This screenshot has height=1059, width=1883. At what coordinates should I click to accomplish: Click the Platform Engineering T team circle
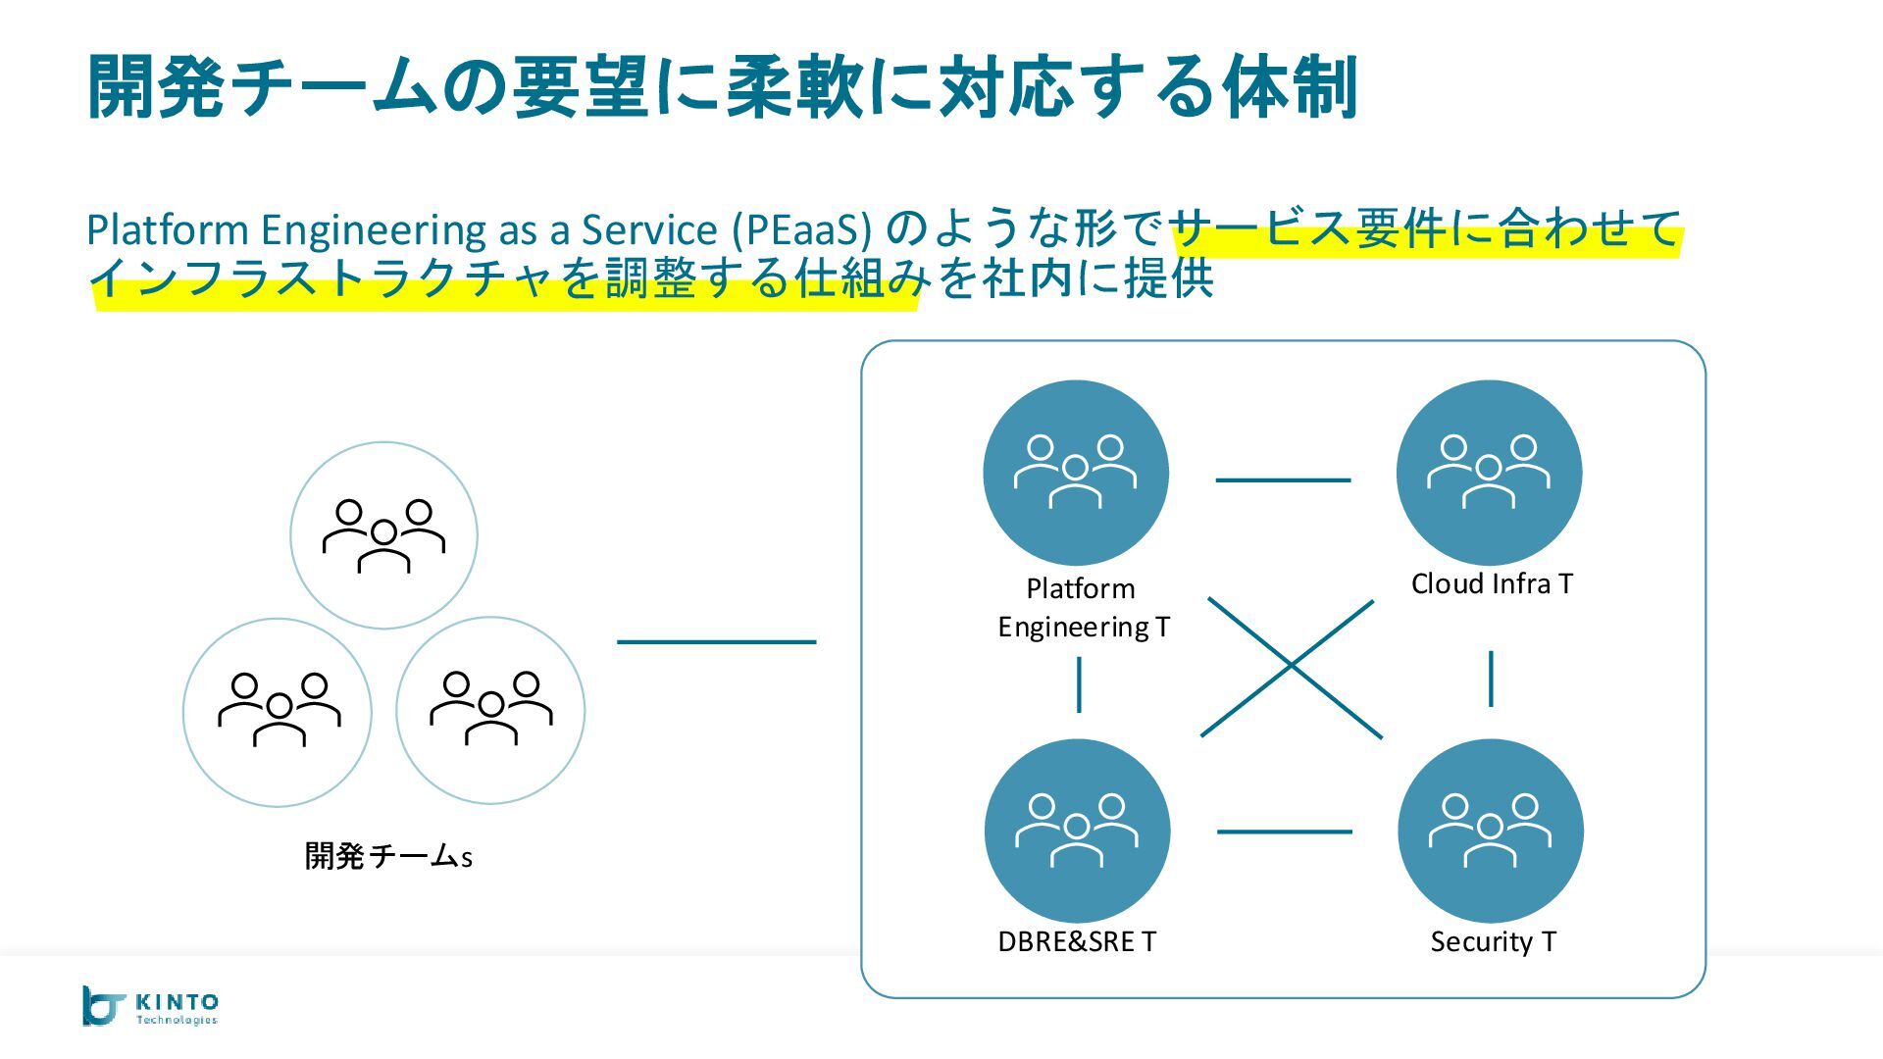click(1076, 473)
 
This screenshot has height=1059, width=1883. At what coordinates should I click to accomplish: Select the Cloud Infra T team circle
click(1489, 473)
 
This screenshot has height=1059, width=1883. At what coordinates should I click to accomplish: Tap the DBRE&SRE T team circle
click(1077, 832)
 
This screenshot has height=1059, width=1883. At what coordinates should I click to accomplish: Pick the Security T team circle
click(1491, 832)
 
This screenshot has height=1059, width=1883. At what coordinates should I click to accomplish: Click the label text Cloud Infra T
click(1492, 584)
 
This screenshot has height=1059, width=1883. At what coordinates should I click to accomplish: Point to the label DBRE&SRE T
click(1077, 942)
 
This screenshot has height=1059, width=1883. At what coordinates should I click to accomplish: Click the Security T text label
click(1493, 942)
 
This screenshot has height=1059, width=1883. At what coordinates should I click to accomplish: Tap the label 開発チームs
click(388, 856)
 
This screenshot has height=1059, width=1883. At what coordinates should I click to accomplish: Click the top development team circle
click(383, 535)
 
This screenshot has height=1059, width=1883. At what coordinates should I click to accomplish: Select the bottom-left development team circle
click(278, 712)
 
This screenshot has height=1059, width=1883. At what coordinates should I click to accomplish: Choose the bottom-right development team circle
click(490, 711)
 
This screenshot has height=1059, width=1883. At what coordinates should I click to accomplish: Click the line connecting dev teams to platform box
click(716, 642)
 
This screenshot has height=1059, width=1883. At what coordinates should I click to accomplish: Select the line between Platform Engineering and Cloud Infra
click(1283, 480)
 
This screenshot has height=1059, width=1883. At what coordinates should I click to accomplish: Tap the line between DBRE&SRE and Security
click(1284, 832)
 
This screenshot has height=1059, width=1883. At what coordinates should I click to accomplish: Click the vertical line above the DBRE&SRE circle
click(1079, 684)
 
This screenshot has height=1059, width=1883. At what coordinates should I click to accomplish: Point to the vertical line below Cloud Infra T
click(1491, 679)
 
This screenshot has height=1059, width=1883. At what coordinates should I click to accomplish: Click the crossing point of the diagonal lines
click(1292, 666)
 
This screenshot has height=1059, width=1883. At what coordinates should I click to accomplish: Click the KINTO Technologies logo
click(150, 1006)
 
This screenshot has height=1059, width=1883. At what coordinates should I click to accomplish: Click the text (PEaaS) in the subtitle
click(801, 230)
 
